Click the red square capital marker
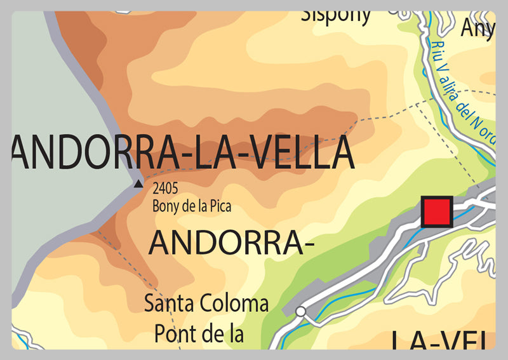click(437, 211)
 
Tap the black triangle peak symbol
click(138, 184)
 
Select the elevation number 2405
click(165, 188)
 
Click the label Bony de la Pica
click(192, 206)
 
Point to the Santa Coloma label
click(206, 303)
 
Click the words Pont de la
click(199, 333)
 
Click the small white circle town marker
click(300, 311)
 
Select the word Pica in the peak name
click(221, 206)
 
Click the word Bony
click(163, 206)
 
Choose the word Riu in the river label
click(436, 44)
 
